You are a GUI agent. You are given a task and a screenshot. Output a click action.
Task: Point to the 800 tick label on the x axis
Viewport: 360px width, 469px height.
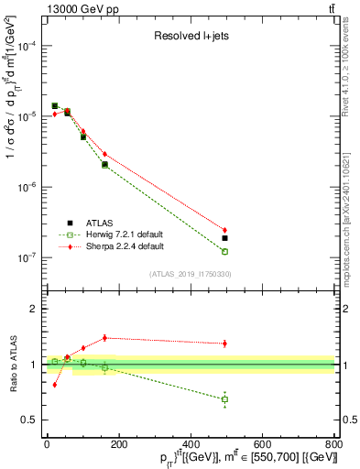click(334, 443)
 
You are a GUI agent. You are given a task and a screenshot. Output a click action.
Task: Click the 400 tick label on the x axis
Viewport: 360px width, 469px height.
click(191, 443)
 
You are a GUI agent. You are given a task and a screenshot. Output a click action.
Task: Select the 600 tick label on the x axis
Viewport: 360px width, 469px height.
click(262, 443)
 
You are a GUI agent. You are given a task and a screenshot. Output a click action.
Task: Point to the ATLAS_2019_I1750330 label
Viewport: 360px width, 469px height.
click(191, 274)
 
